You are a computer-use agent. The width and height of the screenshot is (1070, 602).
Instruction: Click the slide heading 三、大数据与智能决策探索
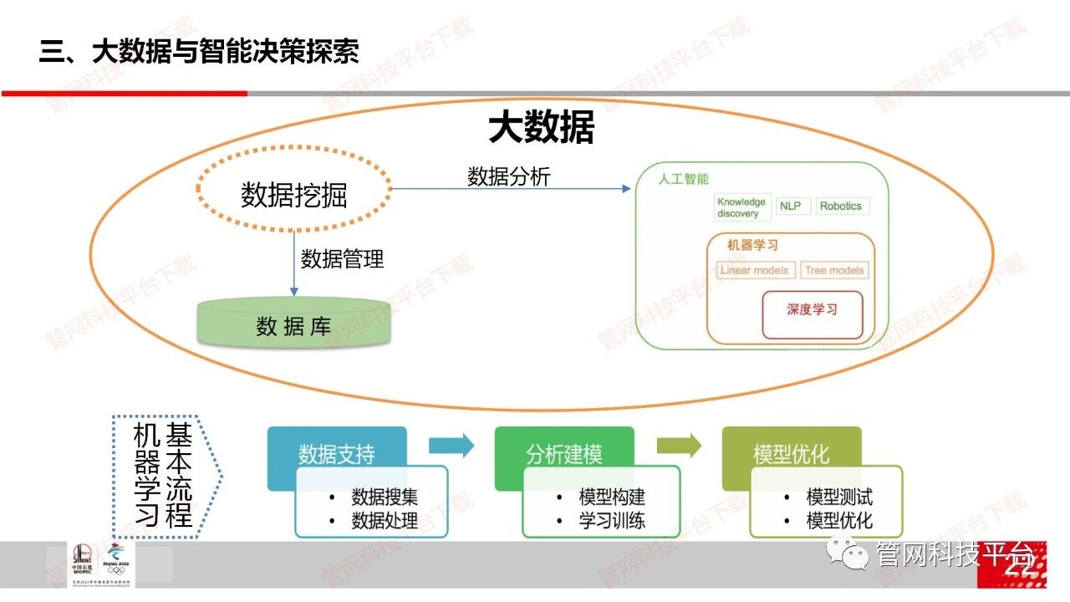199,52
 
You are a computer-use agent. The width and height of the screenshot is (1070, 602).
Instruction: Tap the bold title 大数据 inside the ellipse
541,129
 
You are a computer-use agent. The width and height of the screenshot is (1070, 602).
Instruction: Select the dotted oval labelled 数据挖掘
293,195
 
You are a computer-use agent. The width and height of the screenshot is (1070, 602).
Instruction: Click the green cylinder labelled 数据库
293,325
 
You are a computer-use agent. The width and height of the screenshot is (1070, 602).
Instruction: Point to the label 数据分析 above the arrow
508,176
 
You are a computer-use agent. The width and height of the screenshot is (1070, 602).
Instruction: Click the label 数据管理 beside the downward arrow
342,258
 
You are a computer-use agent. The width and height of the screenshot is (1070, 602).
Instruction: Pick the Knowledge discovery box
741,207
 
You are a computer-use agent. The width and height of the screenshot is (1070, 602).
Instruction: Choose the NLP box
790,206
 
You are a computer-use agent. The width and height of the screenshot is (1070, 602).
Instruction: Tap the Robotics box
840,206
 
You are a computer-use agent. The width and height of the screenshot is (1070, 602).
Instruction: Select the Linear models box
754,270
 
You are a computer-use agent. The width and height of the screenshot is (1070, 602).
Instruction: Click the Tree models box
834,270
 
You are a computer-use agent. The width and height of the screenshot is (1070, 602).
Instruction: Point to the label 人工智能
683,179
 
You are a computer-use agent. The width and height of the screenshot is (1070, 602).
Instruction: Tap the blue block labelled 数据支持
336,454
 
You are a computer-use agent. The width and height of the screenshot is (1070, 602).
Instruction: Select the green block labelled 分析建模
563,454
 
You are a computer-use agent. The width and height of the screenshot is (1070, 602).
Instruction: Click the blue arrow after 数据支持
451,446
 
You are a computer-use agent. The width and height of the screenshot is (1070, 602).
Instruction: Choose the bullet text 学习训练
611,521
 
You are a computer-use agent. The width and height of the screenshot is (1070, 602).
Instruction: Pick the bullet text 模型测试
838,497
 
